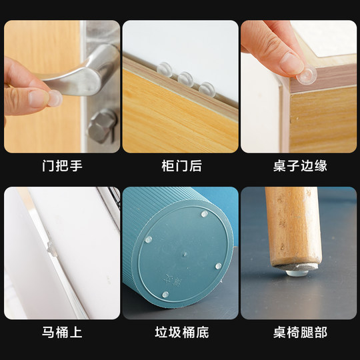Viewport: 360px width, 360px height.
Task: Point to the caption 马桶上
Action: (x=62, y=332)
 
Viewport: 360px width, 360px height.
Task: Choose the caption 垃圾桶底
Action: (x=180, y=332)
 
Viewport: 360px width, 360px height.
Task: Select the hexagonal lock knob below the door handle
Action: (x=102, y=125)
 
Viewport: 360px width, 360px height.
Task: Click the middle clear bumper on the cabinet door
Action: (x=185, y=79)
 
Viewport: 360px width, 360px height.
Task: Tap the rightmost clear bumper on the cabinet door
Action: (x=207, y=88)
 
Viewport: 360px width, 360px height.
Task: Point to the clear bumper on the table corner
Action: (x=306, y=75)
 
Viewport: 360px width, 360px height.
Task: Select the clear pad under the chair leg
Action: (x=294, y=271)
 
